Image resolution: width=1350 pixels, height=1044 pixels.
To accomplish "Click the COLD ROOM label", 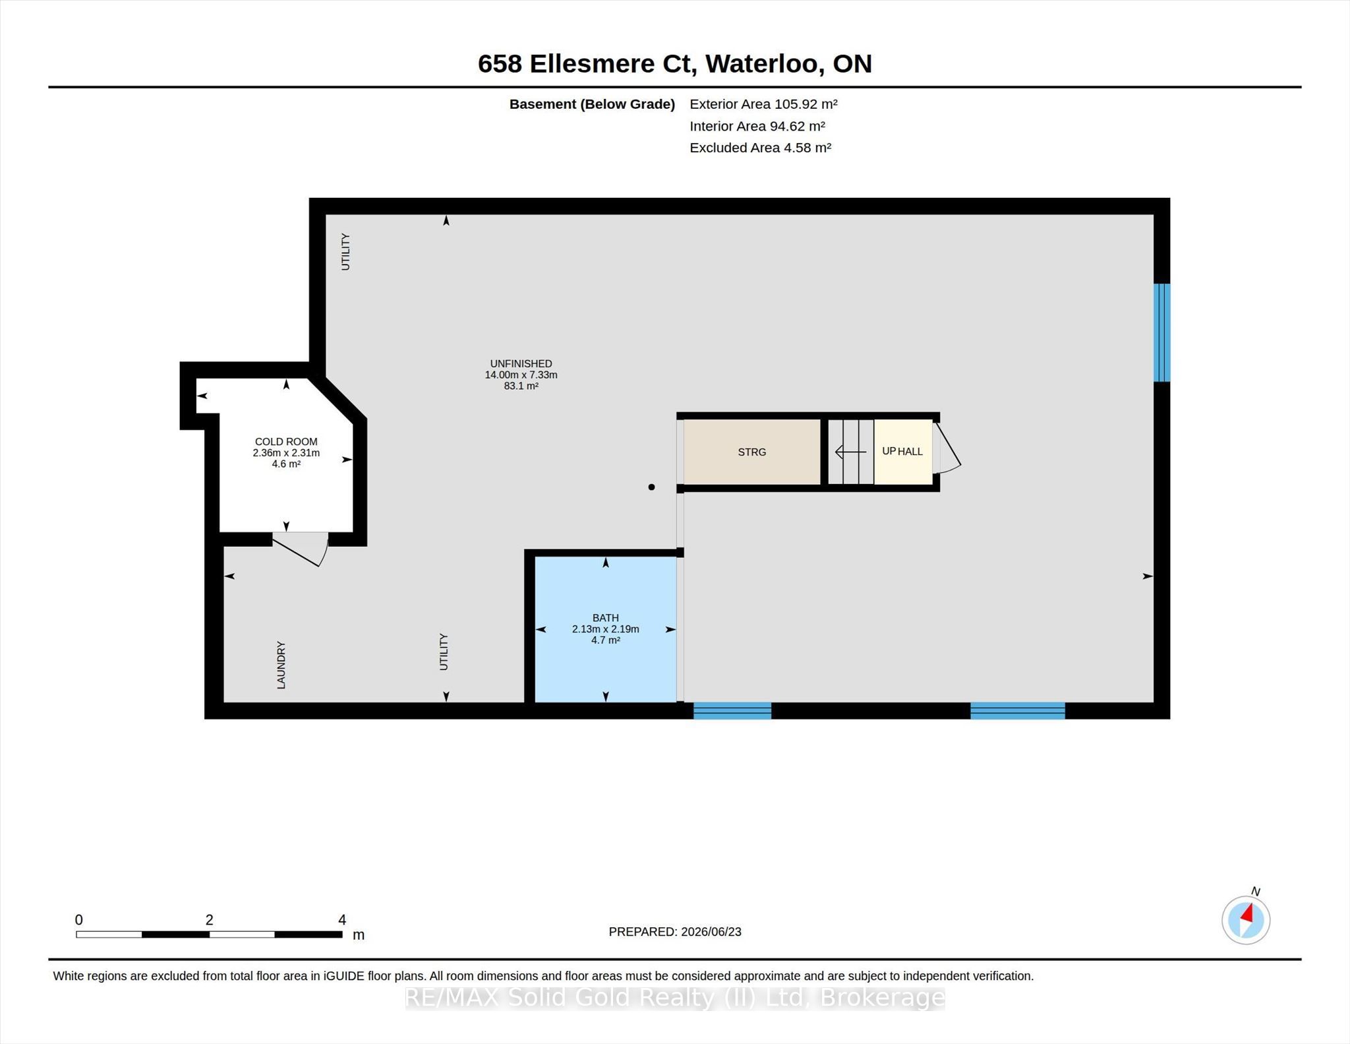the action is coord(286,442).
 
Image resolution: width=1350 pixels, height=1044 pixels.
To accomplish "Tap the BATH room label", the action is coord(605,618).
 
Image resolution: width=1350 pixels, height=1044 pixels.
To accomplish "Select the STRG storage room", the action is coord(752,452).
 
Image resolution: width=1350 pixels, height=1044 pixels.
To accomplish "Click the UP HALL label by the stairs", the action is coord(902,452).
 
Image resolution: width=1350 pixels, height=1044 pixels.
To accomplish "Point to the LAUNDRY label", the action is coord(281,665).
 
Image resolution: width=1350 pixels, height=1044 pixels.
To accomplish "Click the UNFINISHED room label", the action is coord(521,363).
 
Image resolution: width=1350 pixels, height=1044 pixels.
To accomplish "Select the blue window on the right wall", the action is coord(1161,332).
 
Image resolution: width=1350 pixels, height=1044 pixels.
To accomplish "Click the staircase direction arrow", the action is coord(850,452).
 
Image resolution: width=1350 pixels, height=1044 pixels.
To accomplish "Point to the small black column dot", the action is coord(651,487).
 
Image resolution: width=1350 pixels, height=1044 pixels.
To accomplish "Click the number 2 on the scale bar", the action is coord(209,920).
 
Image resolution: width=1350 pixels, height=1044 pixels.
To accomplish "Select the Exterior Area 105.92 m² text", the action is coord(763,104).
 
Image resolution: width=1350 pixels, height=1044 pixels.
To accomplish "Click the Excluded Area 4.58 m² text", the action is coord(760,148).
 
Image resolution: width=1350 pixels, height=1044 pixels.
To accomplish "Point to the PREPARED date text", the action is coord(675,932).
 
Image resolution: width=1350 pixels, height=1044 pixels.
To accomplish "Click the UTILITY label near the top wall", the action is coord(345,251).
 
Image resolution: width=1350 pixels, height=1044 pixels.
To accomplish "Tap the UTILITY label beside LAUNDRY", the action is coord(444,652).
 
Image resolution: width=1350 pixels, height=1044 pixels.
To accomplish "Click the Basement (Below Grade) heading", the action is coord(592,104).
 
